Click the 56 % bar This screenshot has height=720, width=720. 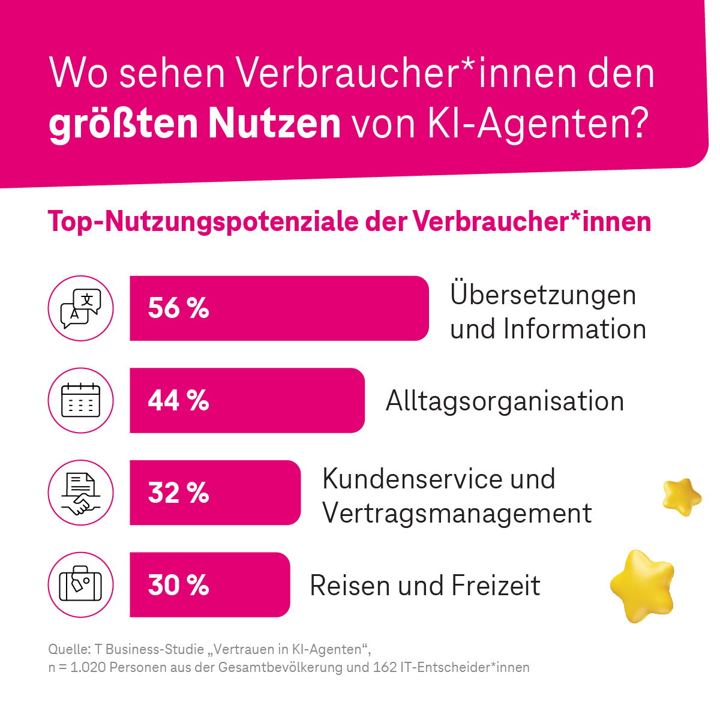pyautogui.click(x=279, y=308)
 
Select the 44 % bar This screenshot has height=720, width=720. pyautogui.click(x=247, y=400)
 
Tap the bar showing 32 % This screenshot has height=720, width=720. pyautogui.click(x=215, y=493)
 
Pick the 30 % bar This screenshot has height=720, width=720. pyautogui.click(x=209, y=585)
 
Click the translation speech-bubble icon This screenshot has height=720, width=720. pyautogui.click(x=80, y=308)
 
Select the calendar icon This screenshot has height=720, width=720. pyautogui.click(x=80, y=400)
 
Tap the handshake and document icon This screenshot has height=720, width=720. pyautogui.click(x=80, y=493)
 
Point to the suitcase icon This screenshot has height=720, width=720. pyautogui.click(x=80, y=585)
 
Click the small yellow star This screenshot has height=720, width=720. pyautogui.click(x=682, y=496)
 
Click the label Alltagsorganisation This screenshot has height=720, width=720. pyautogui.click(x=505, y=401)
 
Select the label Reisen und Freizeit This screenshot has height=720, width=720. pyautogui.click(x=425, y=586)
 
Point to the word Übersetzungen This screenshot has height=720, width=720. pyautogui.click(x=543, y=295)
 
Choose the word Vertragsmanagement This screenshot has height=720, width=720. pyautogui.click(x=457, y=514)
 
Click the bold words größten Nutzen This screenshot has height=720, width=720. pyautogui.click(x=194, y=124)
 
